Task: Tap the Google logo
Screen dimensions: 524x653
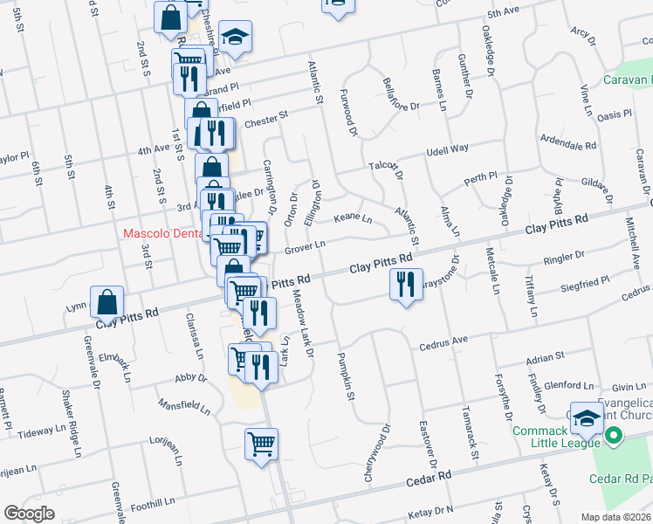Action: click(29, 513)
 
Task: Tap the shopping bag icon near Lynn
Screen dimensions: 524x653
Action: click(106, 302)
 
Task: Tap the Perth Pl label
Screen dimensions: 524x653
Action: click(480, 179)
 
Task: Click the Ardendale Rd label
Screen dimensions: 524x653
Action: click(567, 141)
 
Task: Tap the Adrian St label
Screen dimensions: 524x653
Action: click(546, 356)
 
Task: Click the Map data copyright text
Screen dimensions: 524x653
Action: click(615, 517)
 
